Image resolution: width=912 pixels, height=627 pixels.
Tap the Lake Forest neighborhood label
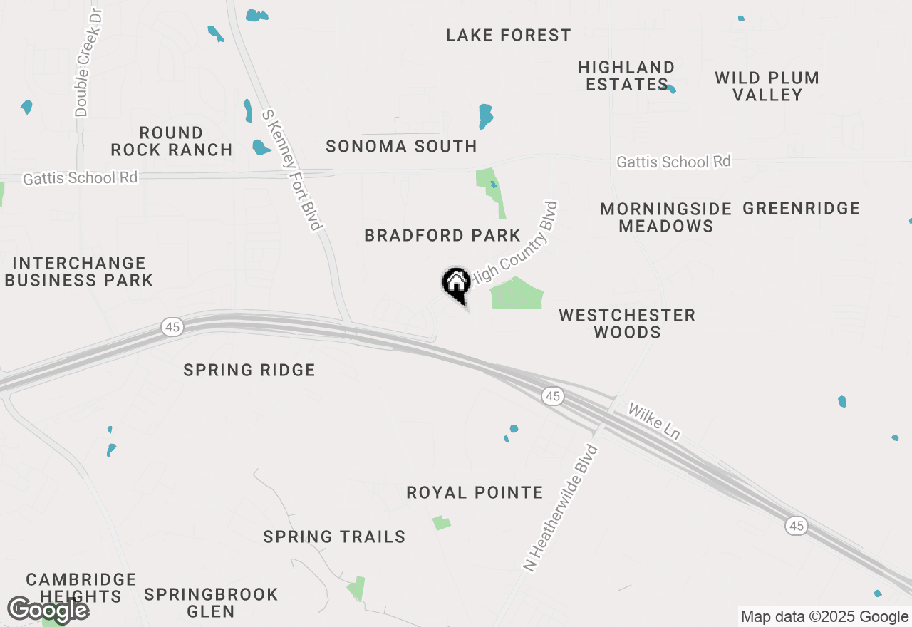[x=508, y=35]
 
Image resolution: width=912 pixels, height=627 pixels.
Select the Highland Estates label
[x=626, y=76]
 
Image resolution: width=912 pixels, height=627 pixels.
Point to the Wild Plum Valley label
[x=767, y=86]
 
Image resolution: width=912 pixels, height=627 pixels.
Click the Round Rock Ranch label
[x=171, y=141]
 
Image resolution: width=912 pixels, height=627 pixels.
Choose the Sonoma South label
[x=401, y=147]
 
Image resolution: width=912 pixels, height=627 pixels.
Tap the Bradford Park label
[x=442, y=235]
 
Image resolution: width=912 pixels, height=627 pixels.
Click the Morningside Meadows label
[x=665, y=217]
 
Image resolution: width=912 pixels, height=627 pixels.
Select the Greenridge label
[x=801, y=209]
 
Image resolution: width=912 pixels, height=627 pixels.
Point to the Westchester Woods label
[x=627, y=323]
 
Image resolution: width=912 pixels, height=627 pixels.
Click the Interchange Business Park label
[x=78, y=271]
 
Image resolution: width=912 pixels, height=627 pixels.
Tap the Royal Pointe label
[x=475, y=493]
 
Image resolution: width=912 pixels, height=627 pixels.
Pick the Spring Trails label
[x=334, y=537]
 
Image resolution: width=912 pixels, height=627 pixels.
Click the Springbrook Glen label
[x=211, y=603]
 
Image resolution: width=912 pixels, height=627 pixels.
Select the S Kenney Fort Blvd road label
[x=292, y=170]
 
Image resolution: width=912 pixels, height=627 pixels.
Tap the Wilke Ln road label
[x=653, y=422]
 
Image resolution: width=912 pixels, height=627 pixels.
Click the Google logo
[x=48, y=611]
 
